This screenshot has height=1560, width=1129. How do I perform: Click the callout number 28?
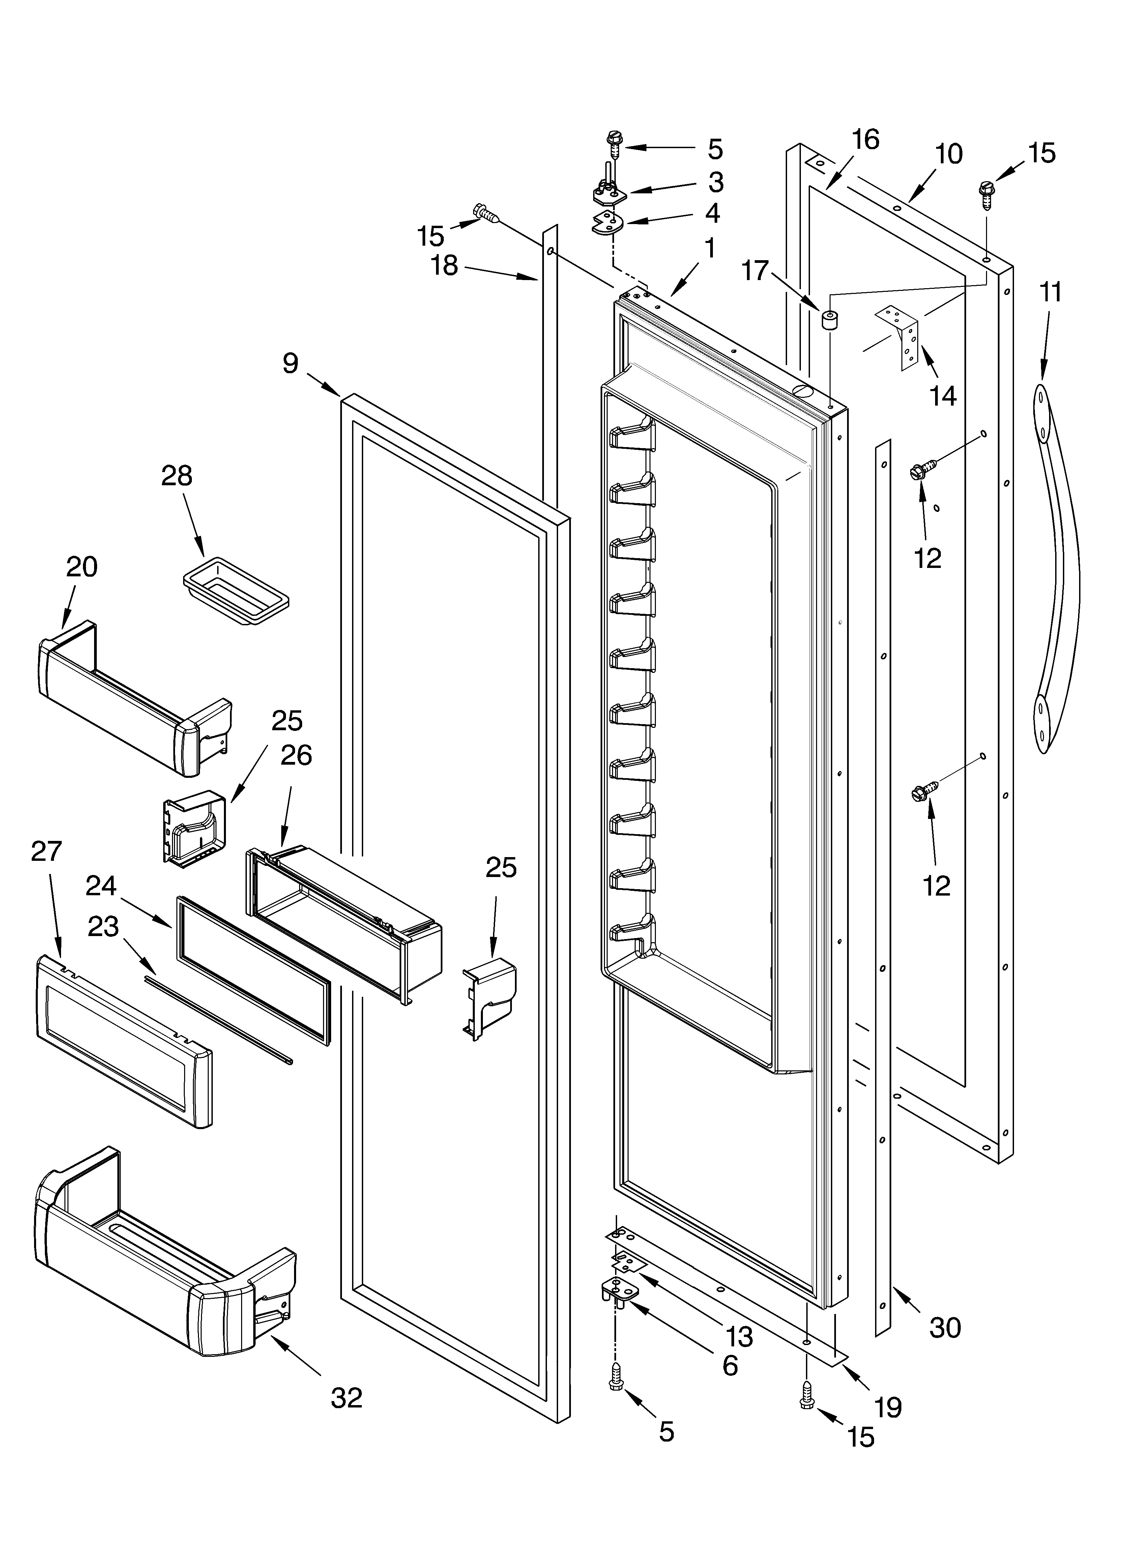(x=177, y=476)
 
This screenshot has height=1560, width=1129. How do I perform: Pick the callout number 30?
(x=945, y=1328)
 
